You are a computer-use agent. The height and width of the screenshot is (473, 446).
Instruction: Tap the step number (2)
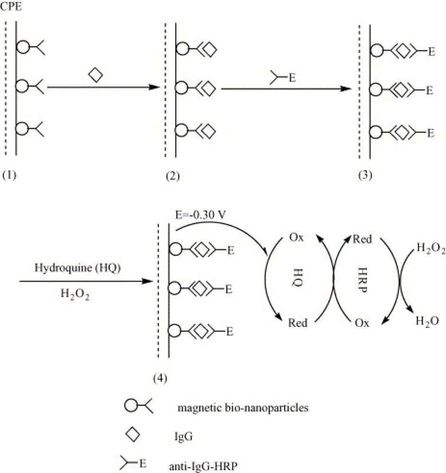[173, 176]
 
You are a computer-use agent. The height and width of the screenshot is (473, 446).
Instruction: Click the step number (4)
[160, 378]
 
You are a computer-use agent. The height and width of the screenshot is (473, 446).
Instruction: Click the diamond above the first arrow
[96, 75]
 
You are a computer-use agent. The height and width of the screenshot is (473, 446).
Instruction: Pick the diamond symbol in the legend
[134, 435]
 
